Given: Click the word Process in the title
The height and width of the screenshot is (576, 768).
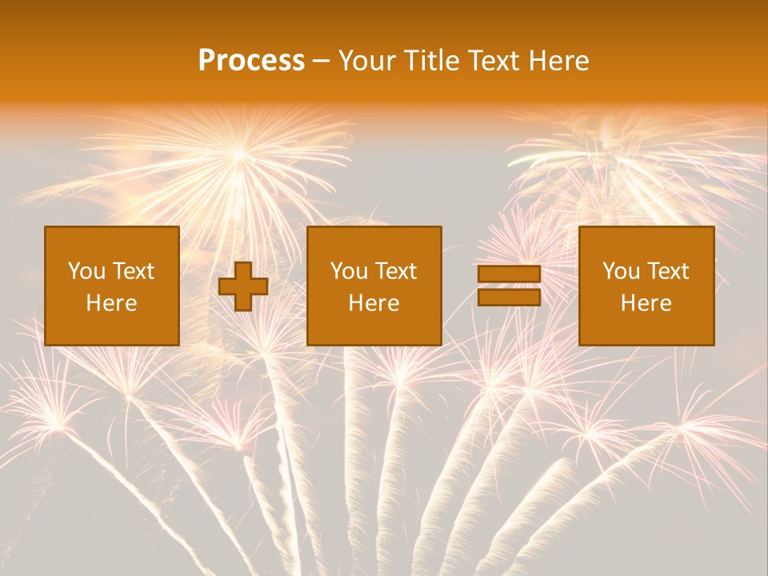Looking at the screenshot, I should click(x=251, y=61).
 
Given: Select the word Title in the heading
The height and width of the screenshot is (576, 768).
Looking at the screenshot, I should click(x=432, y=61).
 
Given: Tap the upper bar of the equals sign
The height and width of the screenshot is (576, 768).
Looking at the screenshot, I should click(x=509, y=274).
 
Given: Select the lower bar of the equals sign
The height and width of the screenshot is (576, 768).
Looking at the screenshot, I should click(x=509, y=298).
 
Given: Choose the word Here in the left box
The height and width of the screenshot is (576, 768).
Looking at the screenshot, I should click(x=111, y=303).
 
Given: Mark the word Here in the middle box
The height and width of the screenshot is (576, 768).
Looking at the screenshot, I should click(x=374, y=303).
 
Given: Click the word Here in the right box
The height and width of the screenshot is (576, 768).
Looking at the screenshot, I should click(x=646, y=303).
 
